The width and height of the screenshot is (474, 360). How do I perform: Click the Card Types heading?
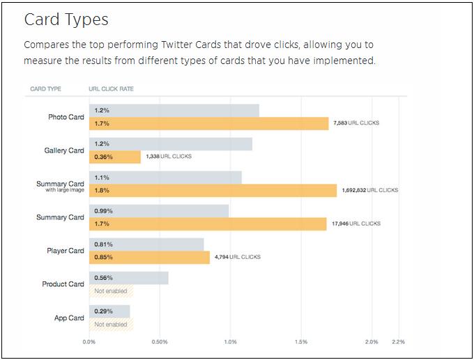[x=66, y=19]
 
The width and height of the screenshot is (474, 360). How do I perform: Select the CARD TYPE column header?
[x=46, y=89]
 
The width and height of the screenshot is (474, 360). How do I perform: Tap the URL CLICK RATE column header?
[x=112, y=89]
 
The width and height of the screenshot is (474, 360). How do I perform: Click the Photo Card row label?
[x=66, y=117]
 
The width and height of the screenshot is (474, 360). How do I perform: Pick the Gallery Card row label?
[x=64, y=150]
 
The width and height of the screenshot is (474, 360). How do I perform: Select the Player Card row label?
[x=66, y=251]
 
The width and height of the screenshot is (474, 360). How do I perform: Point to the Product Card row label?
[x=63, y=284]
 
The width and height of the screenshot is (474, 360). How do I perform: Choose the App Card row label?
[x=69, y=318]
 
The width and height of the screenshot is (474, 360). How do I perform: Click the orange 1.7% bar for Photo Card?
[x=209, y=124]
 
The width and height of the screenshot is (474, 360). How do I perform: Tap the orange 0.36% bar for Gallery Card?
[x=115, y=157]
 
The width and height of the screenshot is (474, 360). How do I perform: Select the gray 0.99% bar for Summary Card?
[x=159, y=211]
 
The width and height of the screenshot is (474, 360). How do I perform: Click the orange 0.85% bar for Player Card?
[x=149, y=257]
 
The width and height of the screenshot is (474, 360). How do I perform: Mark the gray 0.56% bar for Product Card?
[x=129, y=278]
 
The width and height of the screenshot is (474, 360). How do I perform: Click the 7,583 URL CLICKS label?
[x=356, y=123]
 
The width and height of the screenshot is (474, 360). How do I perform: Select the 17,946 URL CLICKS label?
[x=355, y=224]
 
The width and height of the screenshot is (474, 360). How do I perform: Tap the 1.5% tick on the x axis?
[x=301, y=342]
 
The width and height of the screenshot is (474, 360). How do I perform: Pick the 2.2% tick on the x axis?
[x=398, y=342]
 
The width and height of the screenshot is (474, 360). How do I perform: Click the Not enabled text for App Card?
[x=111, y=324]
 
